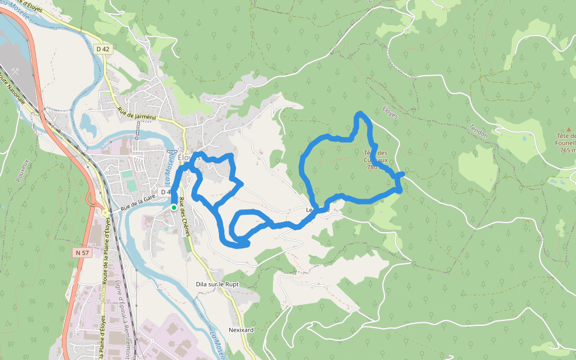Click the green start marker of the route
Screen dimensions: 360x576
pyautogui.click(x=174, y=208)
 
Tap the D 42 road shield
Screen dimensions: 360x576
pyautogui.click(x=102, y=49)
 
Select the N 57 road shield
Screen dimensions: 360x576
pyautogui.click(x=82, y=253)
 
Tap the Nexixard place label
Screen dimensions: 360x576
pyautogui.click(x=242, y=330)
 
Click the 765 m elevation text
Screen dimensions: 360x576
pyautogui.click(x=567, y=150)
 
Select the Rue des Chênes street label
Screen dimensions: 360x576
pyautogui.click(x=188, y=222)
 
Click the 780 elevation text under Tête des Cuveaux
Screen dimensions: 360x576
pyautogui.click(x=371, y=168)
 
